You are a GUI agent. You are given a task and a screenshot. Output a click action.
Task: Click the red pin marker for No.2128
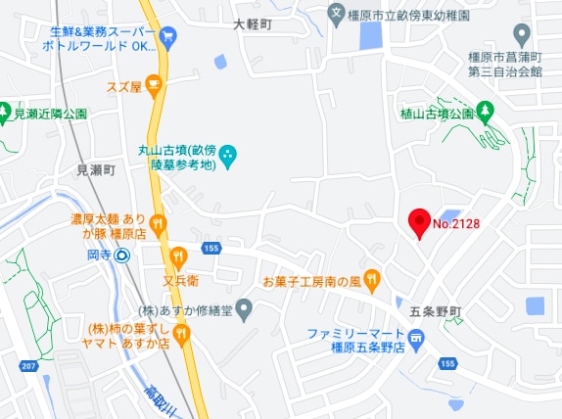(419, 221)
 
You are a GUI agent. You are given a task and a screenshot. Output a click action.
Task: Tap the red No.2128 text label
(455, 223)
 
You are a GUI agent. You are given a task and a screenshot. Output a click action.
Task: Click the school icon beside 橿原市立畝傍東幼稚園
(336, 14)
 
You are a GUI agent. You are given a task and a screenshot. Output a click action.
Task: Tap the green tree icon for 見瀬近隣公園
(5, 113)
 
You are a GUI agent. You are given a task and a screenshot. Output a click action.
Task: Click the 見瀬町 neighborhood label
(96, 169)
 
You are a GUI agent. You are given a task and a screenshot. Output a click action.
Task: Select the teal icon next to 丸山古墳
(227, 153)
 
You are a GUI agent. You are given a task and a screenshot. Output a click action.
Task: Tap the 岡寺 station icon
(121, 256)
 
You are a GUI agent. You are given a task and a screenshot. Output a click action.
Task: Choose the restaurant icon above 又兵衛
(179, 256)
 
